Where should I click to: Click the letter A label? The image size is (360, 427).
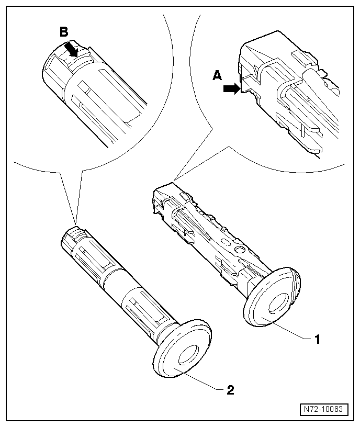tap(217, 76)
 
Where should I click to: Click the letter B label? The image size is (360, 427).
tap(64, 32)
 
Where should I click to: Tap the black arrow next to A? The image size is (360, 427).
tap(231, 89)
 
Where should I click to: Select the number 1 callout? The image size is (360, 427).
tap(317, 339)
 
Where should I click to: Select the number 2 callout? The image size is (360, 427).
tap(230, 389)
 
